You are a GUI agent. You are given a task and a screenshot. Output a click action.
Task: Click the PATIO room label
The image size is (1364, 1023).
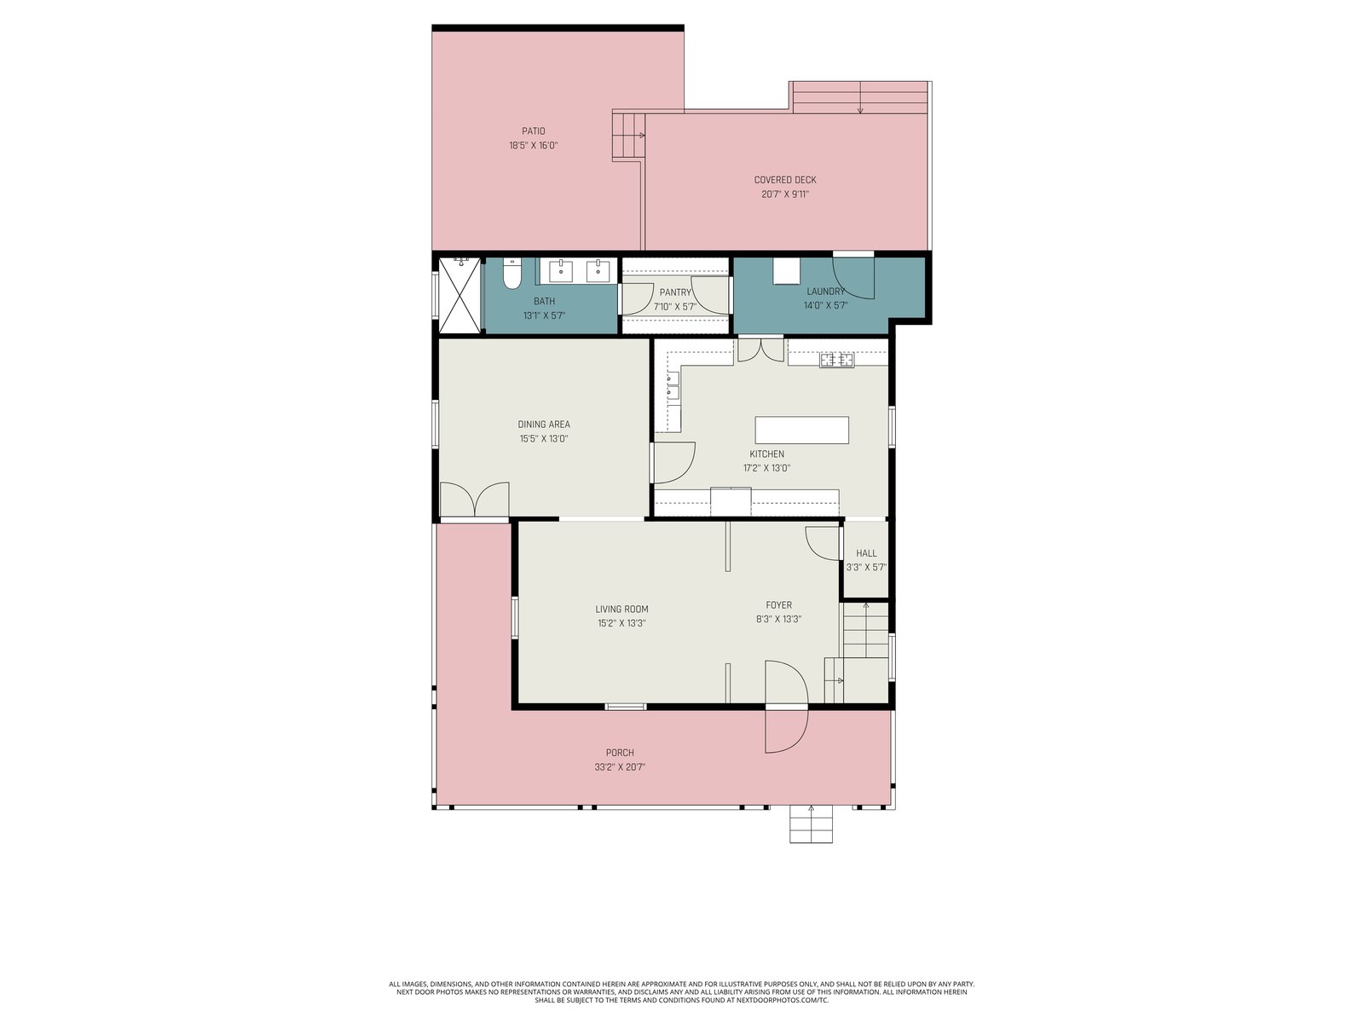[x=533, y=131]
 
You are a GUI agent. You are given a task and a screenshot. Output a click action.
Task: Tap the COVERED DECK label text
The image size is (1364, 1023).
[x=785, y=180]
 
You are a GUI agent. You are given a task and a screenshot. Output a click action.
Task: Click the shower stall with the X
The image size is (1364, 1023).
[x=459, y=295]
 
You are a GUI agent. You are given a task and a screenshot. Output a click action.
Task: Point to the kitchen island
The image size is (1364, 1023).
[x=801, y=430]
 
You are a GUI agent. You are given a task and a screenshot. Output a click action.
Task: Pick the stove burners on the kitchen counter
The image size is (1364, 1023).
[x=836, y=360]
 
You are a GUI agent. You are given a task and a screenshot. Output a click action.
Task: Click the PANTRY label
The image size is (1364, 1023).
[x=675, y=292]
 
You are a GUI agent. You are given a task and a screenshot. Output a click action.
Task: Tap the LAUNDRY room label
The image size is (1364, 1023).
[x=825, y=292]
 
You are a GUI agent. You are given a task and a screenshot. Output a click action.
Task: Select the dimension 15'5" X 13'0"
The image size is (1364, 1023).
[x=544, y=438]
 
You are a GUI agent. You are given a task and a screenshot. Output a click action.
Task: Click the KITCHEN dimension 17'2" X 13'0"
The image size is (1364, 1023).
[x=766, y=468]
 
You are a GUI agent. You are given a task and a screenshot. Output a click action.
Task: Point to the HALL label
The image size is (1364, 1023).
[x=866, y=552]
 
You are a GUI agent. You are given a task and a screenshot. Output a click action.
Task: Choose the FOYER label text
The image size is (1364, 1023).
[x=778, y=605]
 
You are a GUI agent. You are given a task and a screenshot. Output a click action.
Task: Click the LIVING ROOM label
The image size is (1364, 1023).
[x=621, y=610]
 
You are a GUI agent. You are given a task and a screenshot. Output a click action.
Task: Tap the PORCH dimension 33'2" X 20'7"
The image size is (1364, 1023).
[x=620, y=767]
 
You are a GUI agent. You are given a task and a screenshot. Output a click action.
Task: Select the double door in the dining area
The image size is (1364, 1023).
[x=474, y=500]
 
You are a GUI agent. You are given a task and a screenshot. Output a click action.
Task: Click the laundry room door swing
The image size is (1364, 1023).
[x=853, y=277]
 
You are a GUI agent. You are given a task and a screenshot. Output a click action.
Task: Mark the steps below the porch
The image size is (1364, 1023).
[x=811, y=824]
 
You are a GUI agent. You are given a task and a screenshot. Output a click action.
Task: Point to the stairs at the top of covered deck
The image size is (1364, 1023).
[x=860, y=97]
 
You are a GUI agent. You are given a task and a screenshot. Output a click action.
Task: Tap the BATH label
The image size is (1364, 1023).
[x=544, y=301]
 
